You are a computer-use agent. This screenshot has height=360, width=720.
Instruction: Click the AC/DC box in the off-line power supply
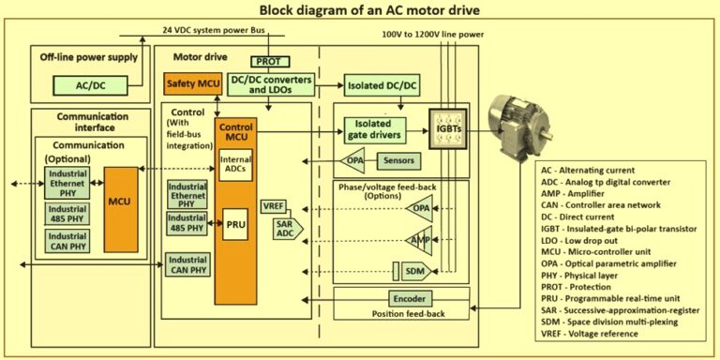click(x=90, y=85)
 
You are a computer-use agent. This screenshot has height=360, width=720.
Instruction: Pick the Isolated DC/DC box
click(x=382, y=85)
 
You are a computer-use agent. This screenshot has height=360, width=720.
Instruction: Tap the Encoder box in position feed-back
click(x=409, y=298)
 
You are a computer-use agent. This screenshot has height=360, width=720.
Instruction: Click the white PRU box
click(x=234, y=226)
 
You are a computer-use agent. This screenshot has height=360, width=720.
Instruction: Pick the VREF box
click(x=276, y=205)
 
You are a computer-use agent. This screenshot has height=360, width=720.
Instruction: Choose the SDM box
click(x=414, y=271)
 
